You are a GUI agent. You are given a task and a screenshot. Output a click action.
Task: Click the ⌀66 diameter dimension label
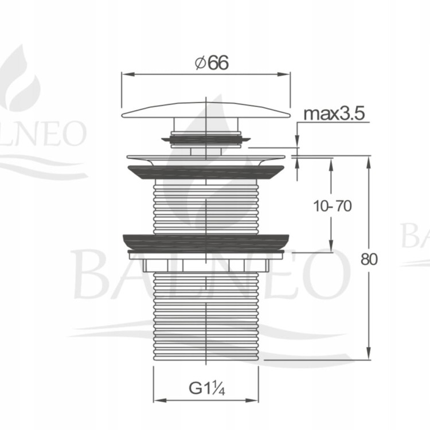212,63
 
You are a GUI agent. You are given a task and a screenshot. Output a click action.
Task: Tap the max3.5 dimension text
334,114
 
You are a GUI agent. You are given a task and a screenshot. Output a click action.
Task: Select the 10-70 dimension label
332,206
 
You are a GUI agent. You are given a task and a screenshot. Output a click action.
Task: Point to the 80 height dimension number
369,259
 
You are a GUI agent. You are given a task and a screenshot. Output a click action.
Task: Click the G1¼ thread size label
207,388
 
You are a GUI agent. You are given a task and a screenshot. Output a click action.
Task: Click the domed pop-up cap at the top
206,110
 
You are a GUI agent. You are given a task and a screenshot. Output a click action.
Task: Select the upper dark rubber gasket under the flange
206,172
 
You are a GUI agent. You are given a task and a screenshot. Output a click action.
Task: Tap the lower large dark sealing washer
206,242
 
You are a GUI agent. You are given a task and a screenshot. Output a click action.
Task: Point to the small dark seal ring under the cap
206,139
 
